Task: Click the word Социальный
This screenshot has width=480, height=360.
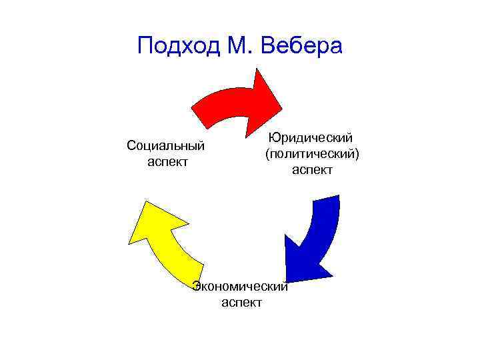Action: (165, 146)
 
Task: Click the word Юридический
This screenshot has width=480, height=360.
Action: (311, 137)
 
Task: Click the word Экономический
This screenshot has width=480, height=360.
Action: (240, 287)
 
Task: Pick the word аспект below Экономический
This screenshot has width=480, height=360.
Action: (241, 303)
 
